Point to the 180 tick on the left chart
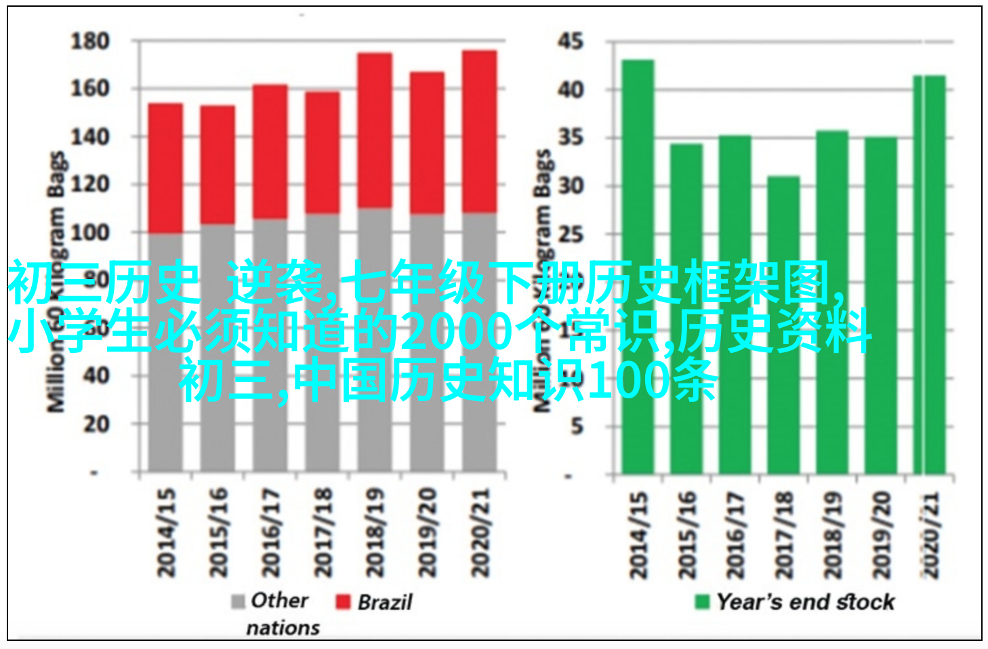[x=90, y=41]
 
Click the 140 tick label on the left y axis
[x=90, y=136]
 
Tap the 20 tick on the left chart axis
[x=96, y=424]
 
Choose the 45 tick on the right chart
[x=570, y=41]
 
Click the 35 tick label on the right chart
[x=570, y=138]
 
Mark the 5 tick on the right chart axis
[x=576, y=427]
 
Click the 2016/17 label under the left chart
[x=270, y=532]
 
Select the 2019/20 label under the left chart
[x=427, y=532]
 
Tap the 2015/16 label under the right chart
[x=686, y=535]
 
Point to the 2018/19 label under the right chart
[x=832, y=535]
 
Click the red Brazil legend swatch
[x=343, y=602]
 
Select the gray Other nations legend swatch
[x=238, y=602]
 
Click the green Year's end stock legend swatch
[x=702, y=602]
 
